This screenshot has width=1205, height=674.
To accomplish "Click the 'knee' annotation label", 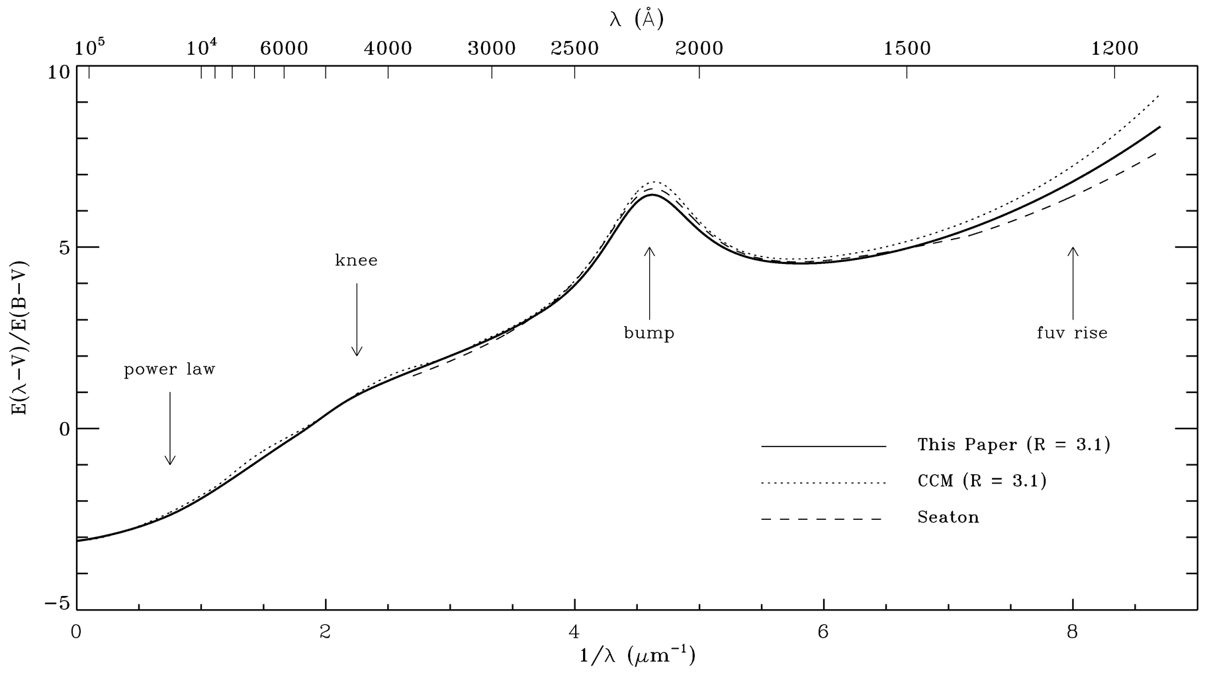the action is coord(356,260).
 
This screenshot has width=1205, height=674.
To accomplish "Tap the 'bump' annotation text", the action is coord(649,332).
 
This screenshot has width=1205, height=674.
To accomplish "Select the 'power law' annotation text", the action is coord(170,369).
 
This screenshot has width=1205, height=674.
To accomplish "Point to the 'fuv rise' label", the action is coord(1072,332).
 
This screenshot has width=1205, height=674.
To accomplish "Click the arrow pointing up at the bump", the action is coord(650,283).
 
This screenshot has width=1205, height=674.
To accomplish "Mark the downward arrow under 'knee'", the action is coord(357,319).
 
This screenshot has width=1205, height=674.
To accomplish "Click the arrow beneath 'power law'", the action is coord(170,428).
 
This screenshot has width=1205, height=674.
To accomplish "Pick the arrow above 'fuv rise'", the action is coord(1073,283).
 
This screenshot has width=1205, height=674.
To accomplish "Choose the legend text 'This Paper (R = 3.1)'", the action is coord(1014,444).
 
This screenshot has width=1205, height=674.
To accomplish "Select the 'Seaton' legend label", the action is coord(948,517).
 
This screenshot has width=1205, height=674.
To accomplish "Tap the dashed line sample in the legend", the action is coord(823,519).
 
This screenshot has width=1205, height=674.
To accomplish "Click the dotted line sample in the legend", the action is coord(823,484).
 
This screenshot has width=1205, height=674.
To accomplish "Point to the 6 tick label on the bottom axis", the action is coord(823,632).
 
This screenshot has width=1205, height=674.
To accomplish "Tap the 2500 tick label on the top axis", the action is coord(574,48).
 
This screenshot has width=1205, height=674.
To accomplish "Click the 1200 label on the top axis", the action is coord(1115,48).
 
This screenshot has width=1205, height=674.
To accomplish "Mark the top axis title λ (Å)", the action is coord(636,20).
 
